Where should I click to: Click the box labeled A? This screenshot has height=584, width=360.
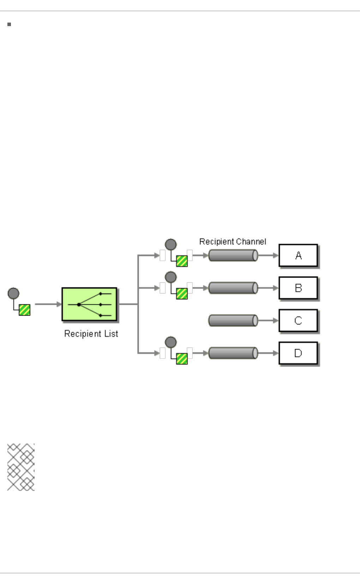(x=298, y=255)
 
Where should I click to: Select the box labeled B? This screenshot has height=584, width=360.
(x=298, y=288)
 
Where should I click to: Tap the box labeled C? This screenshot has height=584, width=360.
(x=298, y=321)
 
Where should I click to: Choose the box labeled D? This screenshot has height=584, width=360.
(x=298, y=353)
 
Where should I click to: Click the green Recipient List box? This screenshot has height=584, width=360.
(x=89, y=304)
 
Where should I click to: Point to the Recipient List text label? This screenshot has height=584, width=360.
(x=91, y=334)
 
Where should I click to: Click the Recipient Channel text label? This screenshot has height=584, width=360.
(x=233, y=242)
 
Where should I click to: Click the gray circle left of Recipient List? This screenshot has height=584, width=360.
(x=13, y=293)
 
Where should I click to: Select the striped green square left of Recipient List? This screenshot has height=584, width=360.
(x=24, y=310)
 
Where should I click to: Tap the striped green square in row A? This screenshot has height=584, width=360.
(x=182, y=261)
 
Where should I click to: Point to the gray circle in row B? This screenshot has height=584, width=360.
(x=171, y=277)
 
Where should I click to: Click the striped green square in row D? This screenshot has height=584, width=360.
(x=182, y=359)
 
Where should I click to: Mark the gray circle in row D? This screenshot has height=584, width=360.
(x=171, y=342)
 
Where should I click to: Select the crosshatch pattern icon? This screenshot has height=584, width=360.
(x=21, y=467)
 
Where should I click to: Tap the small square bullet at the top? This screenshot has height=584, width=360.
(x=9, y=24)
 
